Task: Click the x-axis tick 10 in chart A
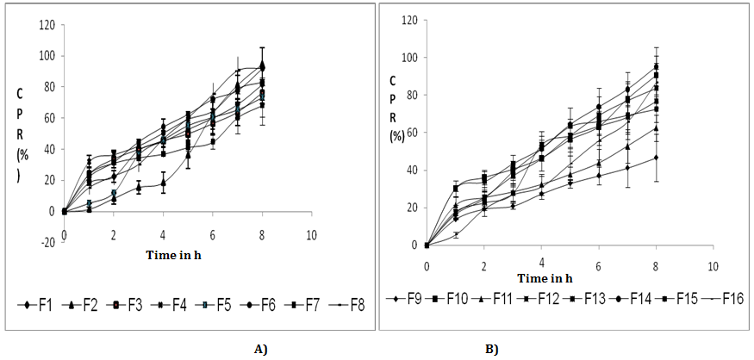(311, 235)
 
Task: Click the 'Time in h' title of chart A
(174, 255)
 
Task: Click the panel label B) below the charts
(490, 350)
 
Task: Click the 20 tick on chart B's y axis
(414, 208)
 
